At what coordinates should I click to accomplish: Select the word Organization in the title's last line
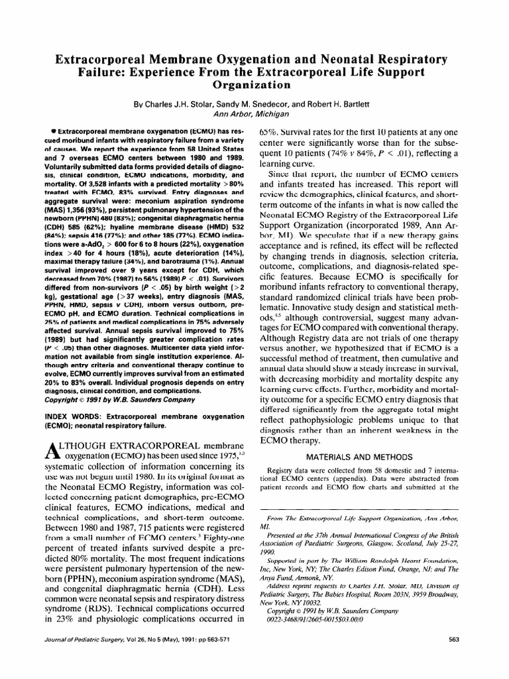coord(254,85)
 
